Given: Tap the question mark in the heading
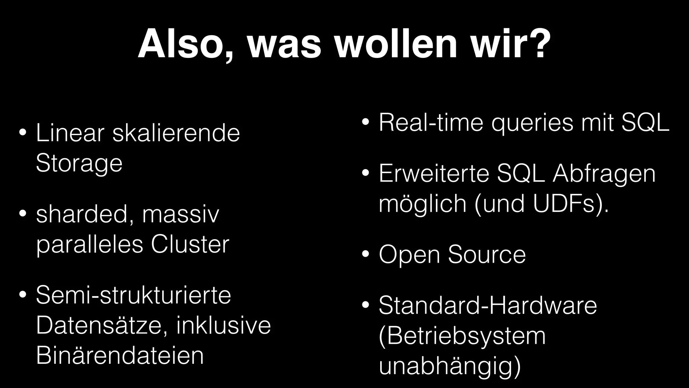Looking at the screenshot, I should (538, 45).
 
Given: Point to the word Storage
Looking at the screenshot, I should (79, 163).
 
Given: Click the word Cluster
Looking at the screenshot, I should (190, 245).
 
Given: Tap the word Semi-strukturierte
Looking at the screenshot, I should (134, 295).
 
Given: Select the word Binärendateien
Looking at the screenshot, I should (120, 356).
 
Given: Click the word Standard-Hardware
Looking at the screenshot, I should (487, 305).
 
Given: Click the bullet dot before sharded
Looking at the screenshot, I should (23, 214).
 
